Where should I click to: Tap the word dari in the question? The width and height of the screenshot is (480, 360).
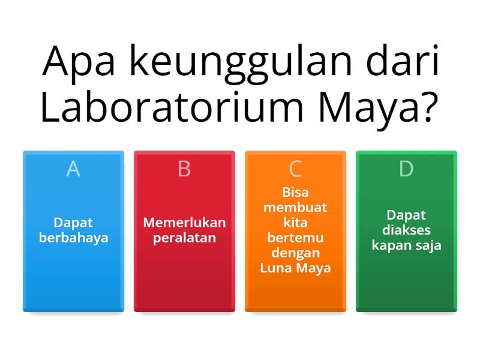coord(403,60)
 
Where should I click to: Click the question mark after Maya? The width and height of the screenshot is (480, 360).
coord(426,108)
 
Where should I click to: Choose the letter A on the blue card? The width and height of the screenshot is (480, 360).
coord(73,169)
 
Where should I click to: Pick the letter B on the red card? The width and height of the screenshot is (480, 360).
coord(184,169)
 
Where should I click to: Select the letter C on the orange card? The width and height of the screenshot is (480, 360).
coord(295,169)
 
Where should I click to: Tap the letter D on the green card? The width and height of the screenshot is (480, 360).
coord(406,169)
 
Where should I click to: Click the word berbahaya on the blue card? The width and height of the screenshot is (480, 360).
coord(73,238)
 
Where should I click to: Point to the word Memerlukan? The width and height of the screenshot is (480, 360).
coord(184,223)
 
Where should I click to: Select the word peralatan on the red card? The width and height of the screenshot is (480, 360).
coord(184,238)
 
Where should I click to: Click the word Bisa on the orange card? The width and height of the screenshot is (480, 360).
coord(295,193)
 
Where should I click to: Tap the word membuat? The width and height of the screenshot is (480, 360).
coord(295,208)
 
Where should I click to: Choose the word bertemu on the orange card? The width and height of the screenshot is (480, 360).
coord(295,238)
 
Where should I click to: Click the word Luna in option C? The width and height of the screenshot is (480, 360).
coord(275,268)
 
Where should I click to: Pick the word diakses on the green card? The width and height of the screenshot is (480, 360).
coord(406,230)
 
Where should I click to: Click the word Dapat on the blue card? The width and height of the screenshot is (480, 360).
coord(73,223)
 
